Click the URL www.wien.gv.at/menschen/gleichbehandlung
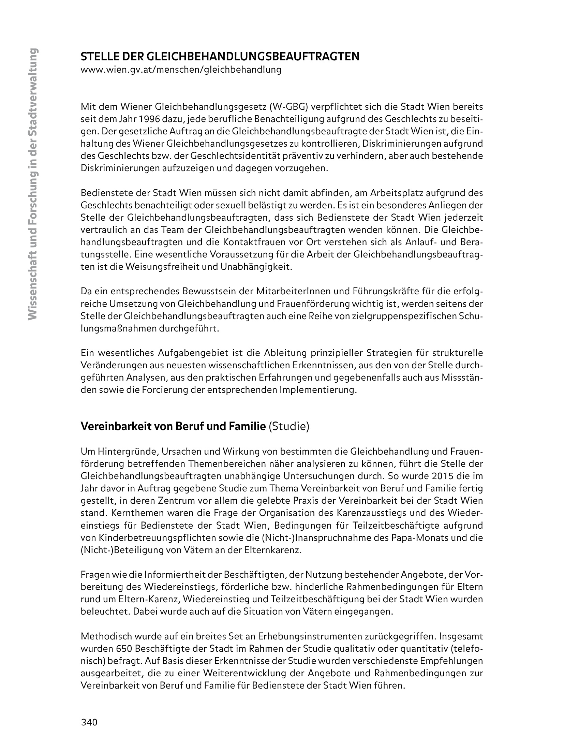tap(181, 70)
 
